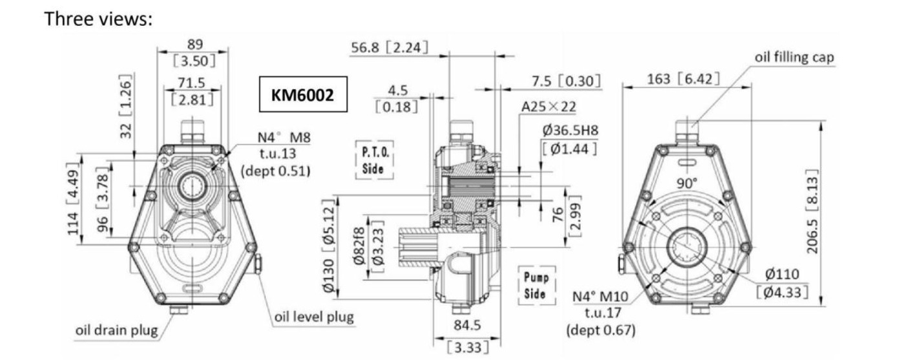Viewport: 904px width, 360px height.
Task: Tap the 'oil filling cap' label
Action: pyautogui.click(x=794, y=57)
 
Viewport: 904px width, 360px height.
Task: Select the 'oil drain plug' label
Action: pyautogui.click(x=117, y=330)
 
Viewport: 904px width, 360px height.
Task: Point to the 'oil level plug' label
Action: pyautogui.click(x=314, y=318)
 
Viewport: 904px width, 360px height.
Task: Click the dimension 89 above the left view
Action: pyautogui.click(x=193, y=44)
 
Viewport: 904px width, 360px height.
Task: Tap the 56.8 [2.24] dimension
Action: pyautogui.click(x=389, y=48)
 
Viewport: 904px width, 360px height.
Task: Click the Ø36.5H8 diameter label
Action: pyautogui.click(x=570, y=130)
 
